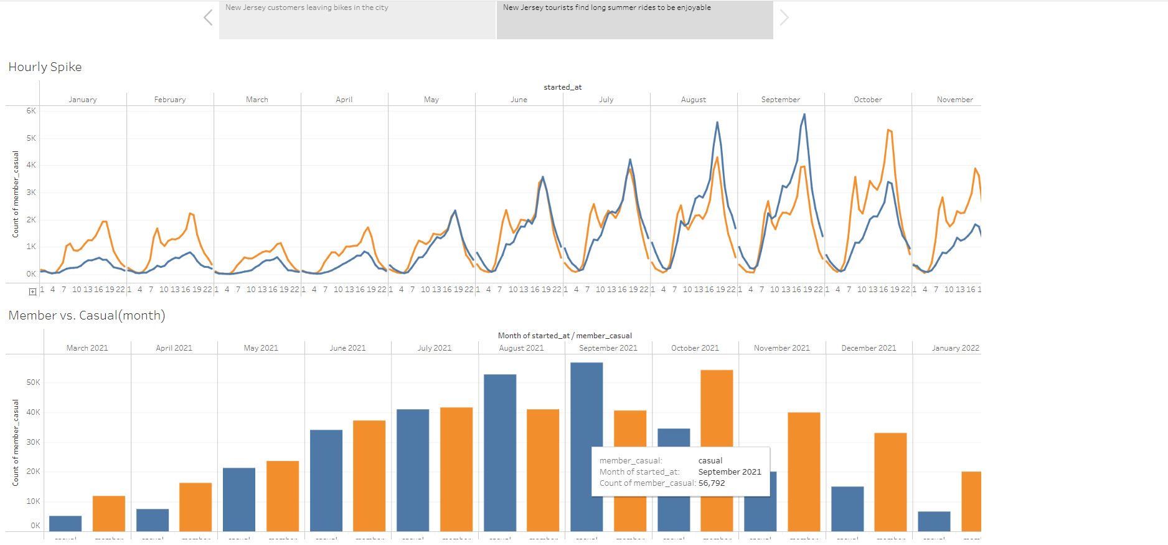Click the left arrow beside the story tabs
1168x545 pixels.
[208, 17]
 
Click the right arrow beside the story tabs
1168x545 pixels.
[784, 17]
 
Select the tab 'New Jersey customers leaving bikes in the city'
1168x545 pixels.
[357, 19]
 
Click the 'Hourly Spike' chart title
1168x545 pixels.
[45, 67]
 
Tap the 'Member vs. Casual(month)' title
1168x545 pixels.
[87, 315]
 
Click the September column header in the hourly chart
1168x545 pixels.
[780, 100]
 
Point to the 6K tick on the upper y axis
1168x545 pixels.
[31, 111]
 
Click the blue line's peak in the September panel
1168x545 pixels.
[804, 115]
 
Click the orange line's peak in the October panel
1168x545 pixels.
[888, 130]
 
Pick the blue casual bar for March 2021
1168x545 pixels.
[65, 523]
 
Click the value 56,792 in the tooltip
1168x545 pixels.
[712, 483]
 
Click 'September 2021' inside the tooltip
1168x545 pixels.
[730, 472]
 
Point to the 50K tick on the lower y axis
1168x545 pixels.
[33, 382]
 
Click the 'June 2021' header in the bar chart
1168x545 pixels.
[347, 348]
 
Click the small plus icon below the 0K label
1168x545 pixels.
[32, 291]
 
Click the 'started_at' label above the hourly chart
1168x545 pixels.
[562, 87]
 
